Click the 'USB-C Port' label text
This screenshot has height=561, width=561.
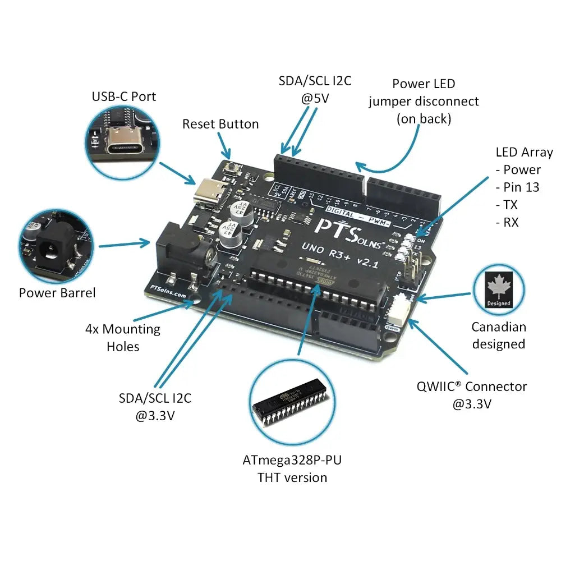(123, 96)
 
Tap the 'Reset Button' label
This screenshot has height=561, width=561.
(220, 124)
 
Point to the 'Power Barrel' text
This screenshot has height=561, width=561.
(57, 292)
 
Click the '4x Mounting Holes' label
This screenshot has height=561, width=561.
(122, 338)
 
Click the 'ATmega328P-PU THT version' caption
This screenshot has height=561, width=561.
(292, 469)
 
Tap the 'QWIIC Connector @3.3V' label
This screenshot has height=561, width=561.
(472, 394)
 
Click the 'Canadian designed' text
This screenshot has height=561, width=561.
(499, 335)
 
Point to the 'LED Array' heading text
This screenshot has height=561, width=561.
(524, 152)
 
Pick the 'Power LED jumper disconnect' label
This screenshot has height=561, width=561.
(424, 101)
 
